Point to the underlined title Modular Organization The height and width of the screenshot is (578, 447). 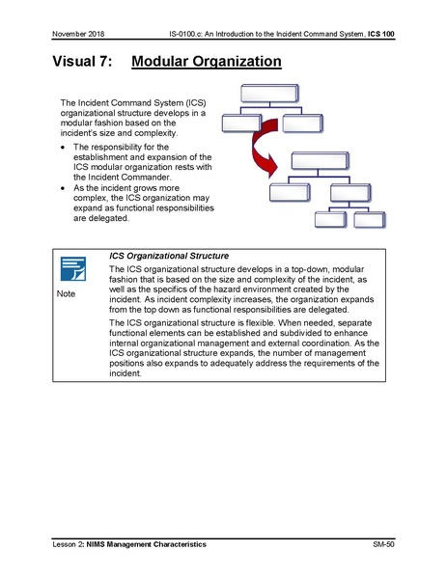[206, 63]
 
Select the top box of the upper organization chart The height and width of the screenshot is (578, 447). [274, 95]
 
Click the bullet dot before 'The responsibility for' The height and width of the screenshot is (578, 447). [63, 147]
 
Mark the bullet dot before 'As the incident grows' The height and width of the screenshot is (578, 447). [63, 188]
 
